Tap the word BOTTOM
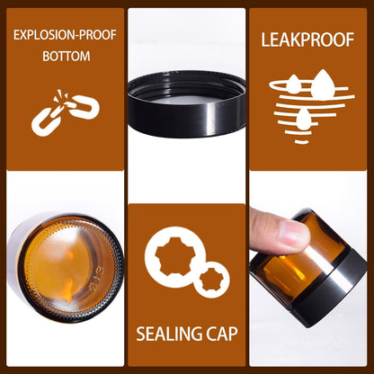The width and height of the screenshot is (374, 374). click(67, 57)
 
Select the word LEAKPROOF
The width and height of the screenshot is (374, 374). click(307, 40)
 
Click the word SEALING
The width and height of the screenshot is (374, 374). click(169, 334)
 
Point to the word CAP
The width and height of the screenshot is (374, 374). click(222, 334)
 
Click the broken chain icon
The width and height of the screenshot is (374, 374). click(66, 112)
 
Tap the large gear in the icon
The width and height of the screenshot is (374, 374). click(175, 257)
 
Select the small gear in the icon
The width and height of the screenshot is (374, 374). click(212, 280)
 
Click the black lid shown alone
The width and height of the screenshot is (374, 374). click(186, 103)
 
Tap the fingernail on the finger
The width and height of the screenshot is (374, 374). click(294, 233)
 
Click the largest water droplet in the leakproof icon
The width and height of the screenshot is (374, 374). click(323, 85)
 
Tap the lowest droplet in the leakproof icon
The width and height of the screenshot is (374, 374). click(303, 118)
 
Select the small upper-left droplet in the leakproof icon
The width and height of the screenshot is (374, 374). click(294, 84)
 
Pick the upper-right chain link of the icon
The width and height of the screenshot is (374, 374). click(85, 107)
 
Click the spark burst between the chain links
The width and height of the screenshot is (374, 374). click(60, 97)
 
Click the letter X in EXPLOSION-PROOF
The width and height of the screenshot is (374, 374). click(22, 35)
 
